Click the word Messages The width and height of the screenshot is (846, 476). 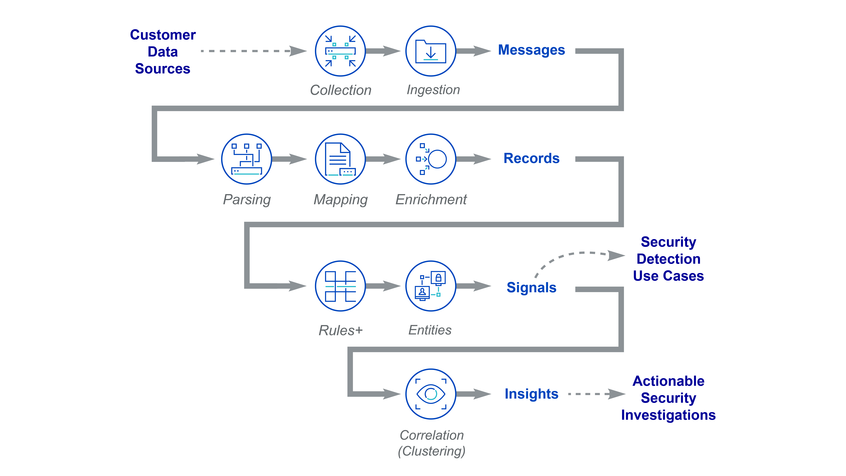[531, 50]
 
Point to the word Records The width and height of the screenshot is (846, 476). [531, 158]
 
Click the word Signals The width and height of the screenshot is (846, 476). [531, 287]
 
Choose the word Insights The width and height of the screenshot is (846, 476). [531, 393]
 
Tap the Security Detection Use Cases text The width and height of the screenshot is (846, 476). [668, 259]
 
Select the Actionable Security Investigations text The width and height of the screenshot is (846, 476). [668, 398]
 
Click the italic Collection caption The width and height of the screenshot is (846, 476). [341, 90]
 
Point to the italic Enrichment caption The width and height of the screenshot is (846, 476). [431, 199]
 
